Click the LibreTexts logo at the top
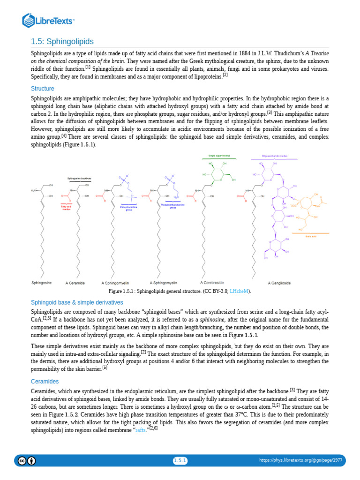click(49, 20)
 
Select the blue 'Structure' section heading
click(43, 89)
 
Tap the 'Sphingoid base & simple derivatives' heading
click(77, 302)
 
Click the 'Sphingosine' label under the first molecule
click(41, 283)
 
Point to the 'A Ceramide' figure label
click(75, 283)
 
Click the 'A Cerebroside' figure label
click(212, 283)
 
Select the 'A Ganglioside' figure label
click(279, 283)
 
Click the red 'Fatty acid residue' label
click(66, 208)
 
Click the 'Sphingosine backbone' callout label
click(79, 178)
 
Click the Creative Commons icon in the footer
click(22, 461)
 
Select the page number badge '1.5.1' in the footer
click(180, 461)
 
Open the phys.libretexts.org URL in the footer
click(300, 461)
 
